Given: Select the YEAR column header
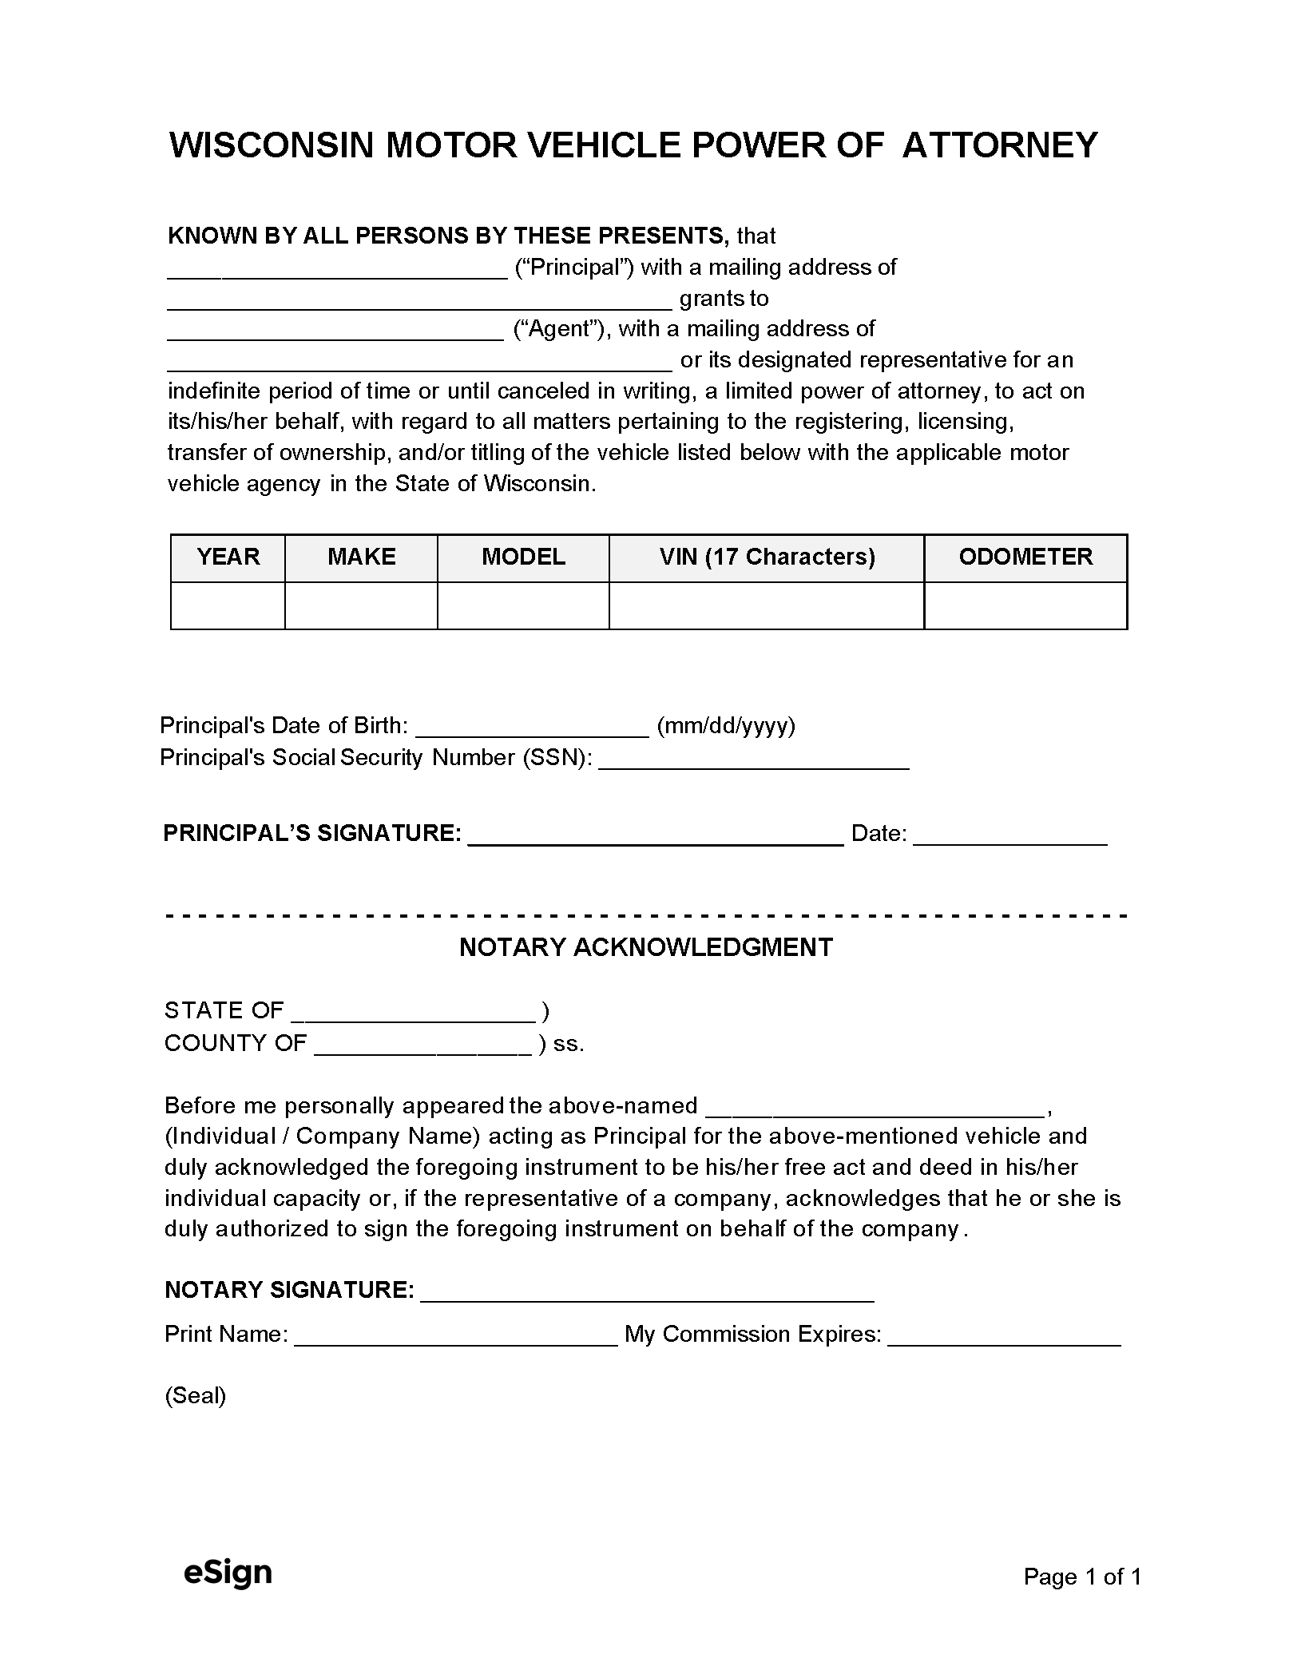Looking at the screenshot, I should (x=228, y=557).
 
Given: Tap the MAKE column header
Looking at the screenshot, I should (x=361, y=557).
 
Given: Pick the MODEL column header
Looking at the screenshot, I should (x=523, y=557).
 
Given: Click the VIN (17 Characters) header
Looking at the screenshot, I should (x=767, y=557).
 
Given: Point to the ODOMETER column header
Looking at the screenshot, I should (x=1025, y=557).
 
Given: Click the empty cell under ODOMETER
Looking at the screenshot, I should (x=1025, y=605).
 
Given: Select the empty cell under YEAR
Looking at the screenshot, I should (x=228, y=605).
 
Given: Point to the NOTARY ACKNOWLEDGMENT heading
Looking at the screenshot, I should (x=646, y=947).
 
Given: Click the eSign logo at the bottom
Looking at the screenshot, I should (x=228, y=1572).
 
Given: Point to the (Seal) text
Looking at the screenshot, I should (x=196, y=1395).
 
